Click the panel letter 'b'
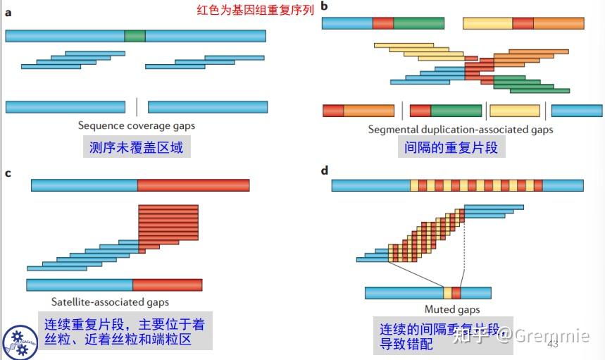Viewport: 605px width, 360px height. pos(325,7)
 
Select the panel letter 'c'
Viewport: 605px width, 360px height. pos(8,172)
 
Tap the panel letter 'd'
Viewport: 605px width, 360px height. pos(325,170)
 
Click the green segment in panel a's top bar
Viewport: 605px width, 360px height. pos(135,35)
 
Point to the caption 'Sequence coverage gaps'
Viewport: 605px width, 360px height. pos(137,125)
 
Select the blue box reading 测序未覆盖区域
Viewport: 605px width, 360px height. pos(137,147)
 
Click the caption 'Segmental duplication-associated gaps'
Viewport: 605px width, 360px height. pos(461,130)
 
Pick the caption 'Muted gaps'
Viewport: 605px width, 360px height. pos(451,309)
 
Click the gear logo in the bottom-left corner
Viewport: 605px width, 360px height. pos(20,342)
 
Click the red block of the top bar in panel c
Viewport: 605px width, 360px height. pos(193,185)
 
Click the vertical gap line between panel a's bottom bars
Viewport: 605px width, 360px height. pos(137,107)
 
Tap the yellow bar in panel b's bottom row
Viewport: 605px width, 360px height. pos(514,111)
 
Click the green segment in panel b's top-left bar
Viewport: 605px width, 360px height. pos(418,23)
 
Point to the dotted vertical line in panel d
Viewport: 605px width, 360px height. pos(464,247)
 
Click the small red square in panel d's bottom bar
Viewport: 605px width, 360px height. pos(456,292)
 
